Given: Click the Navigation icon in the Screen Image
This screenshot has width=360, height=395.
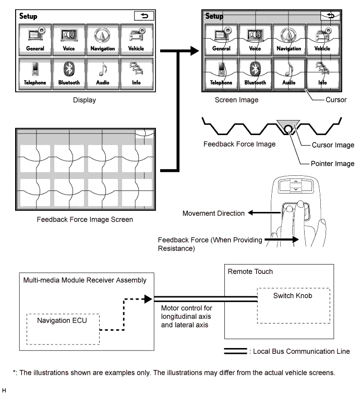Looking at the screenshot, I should (x=289, y=39).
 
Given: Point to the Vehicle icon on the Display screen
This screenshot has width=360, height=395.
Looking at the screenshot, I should (x=136, y=40).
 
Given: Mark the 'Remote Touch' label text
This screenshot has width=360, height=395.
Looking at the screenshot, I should (x=250, y=272).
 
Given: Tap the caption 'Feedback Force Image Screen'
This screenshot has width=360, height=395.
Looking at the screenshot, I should (x=85, y=219).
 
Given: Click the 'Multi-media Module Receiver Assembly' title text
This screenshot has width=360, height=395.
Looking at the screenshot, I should (x=85, y=280).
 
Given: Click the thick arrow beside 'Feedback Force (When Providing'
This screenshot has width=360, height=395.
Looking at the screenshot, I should (x=282, y=241).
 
